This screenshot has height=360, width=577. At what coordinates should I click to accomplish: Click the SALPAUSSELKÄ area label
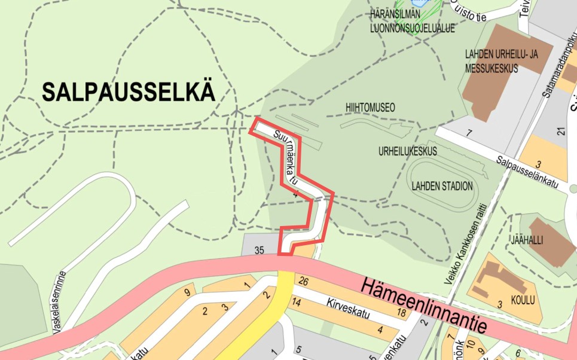pyautogui.click(x=129, y=92)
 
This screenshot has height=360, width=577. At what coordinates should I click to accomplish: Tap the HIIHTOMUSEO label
pyautogui.click(x=370, y=108)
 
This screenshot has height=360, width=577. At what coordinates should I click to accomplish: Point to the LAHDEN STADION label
pyautogui.click(x=442, y=186)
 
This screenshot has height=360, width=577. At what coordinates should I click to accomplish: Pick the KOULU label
pyautogui.click(x=523, y=300)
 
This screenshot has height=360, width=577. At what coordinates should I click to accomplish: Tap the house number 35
pyautogui.click(x=259, y=251)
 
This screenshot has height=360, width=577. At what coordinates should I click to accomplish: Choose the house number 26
pyautogui.click(x=303, y=282)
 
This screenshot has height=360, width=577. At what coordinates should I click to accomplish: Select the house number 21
pyautogui.click(x=561, y=132)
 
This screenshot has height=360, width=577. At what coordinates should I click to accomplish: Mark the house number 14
pyautogui.click(x=296, y=303)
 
